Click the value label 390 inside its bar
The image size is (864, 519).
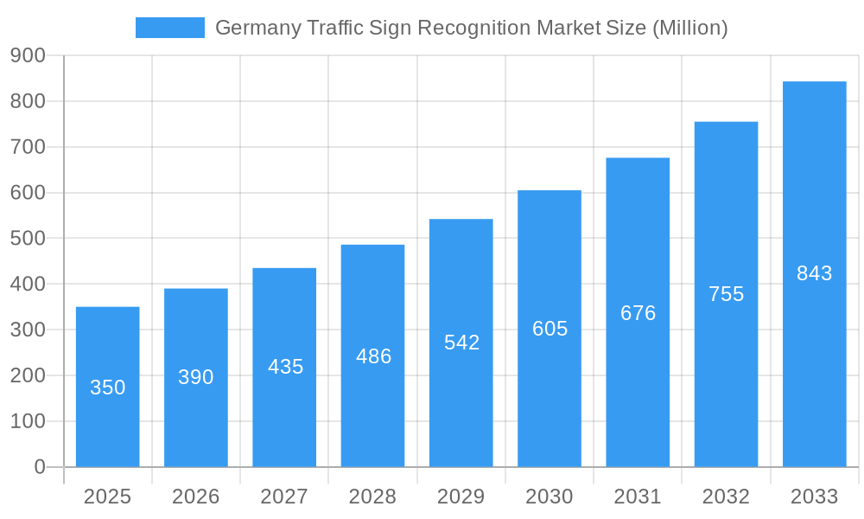(x=196, y=377)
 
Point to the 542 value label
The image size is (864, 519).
(x=462, y=343)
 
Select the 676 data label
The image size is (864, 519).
(x=638, y=313)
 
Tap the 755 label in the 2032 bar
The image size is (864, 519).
(x=727, y=294)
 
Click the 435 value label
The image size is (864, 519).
(x=286, y=367)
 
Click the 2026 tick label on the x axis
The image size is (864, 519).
(x=196, y=497)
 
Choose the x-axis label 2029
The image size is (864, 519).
(x=461, y=497)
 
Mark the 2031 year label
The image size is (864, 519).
(x=638, y=497)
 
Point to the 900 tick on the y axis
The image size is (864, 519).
(x=28, y=55)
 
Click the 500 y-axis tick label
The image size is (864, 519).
(x=28, y=238)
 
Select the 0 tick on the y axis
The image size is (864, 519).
(x=40, y=467)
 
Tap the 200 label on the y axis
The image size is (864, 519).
(x=28, y=375)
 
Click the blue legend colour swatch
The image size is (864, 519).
(x=170, y=28)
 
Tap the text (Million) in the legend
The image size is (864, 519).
(x=689, y=28)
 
